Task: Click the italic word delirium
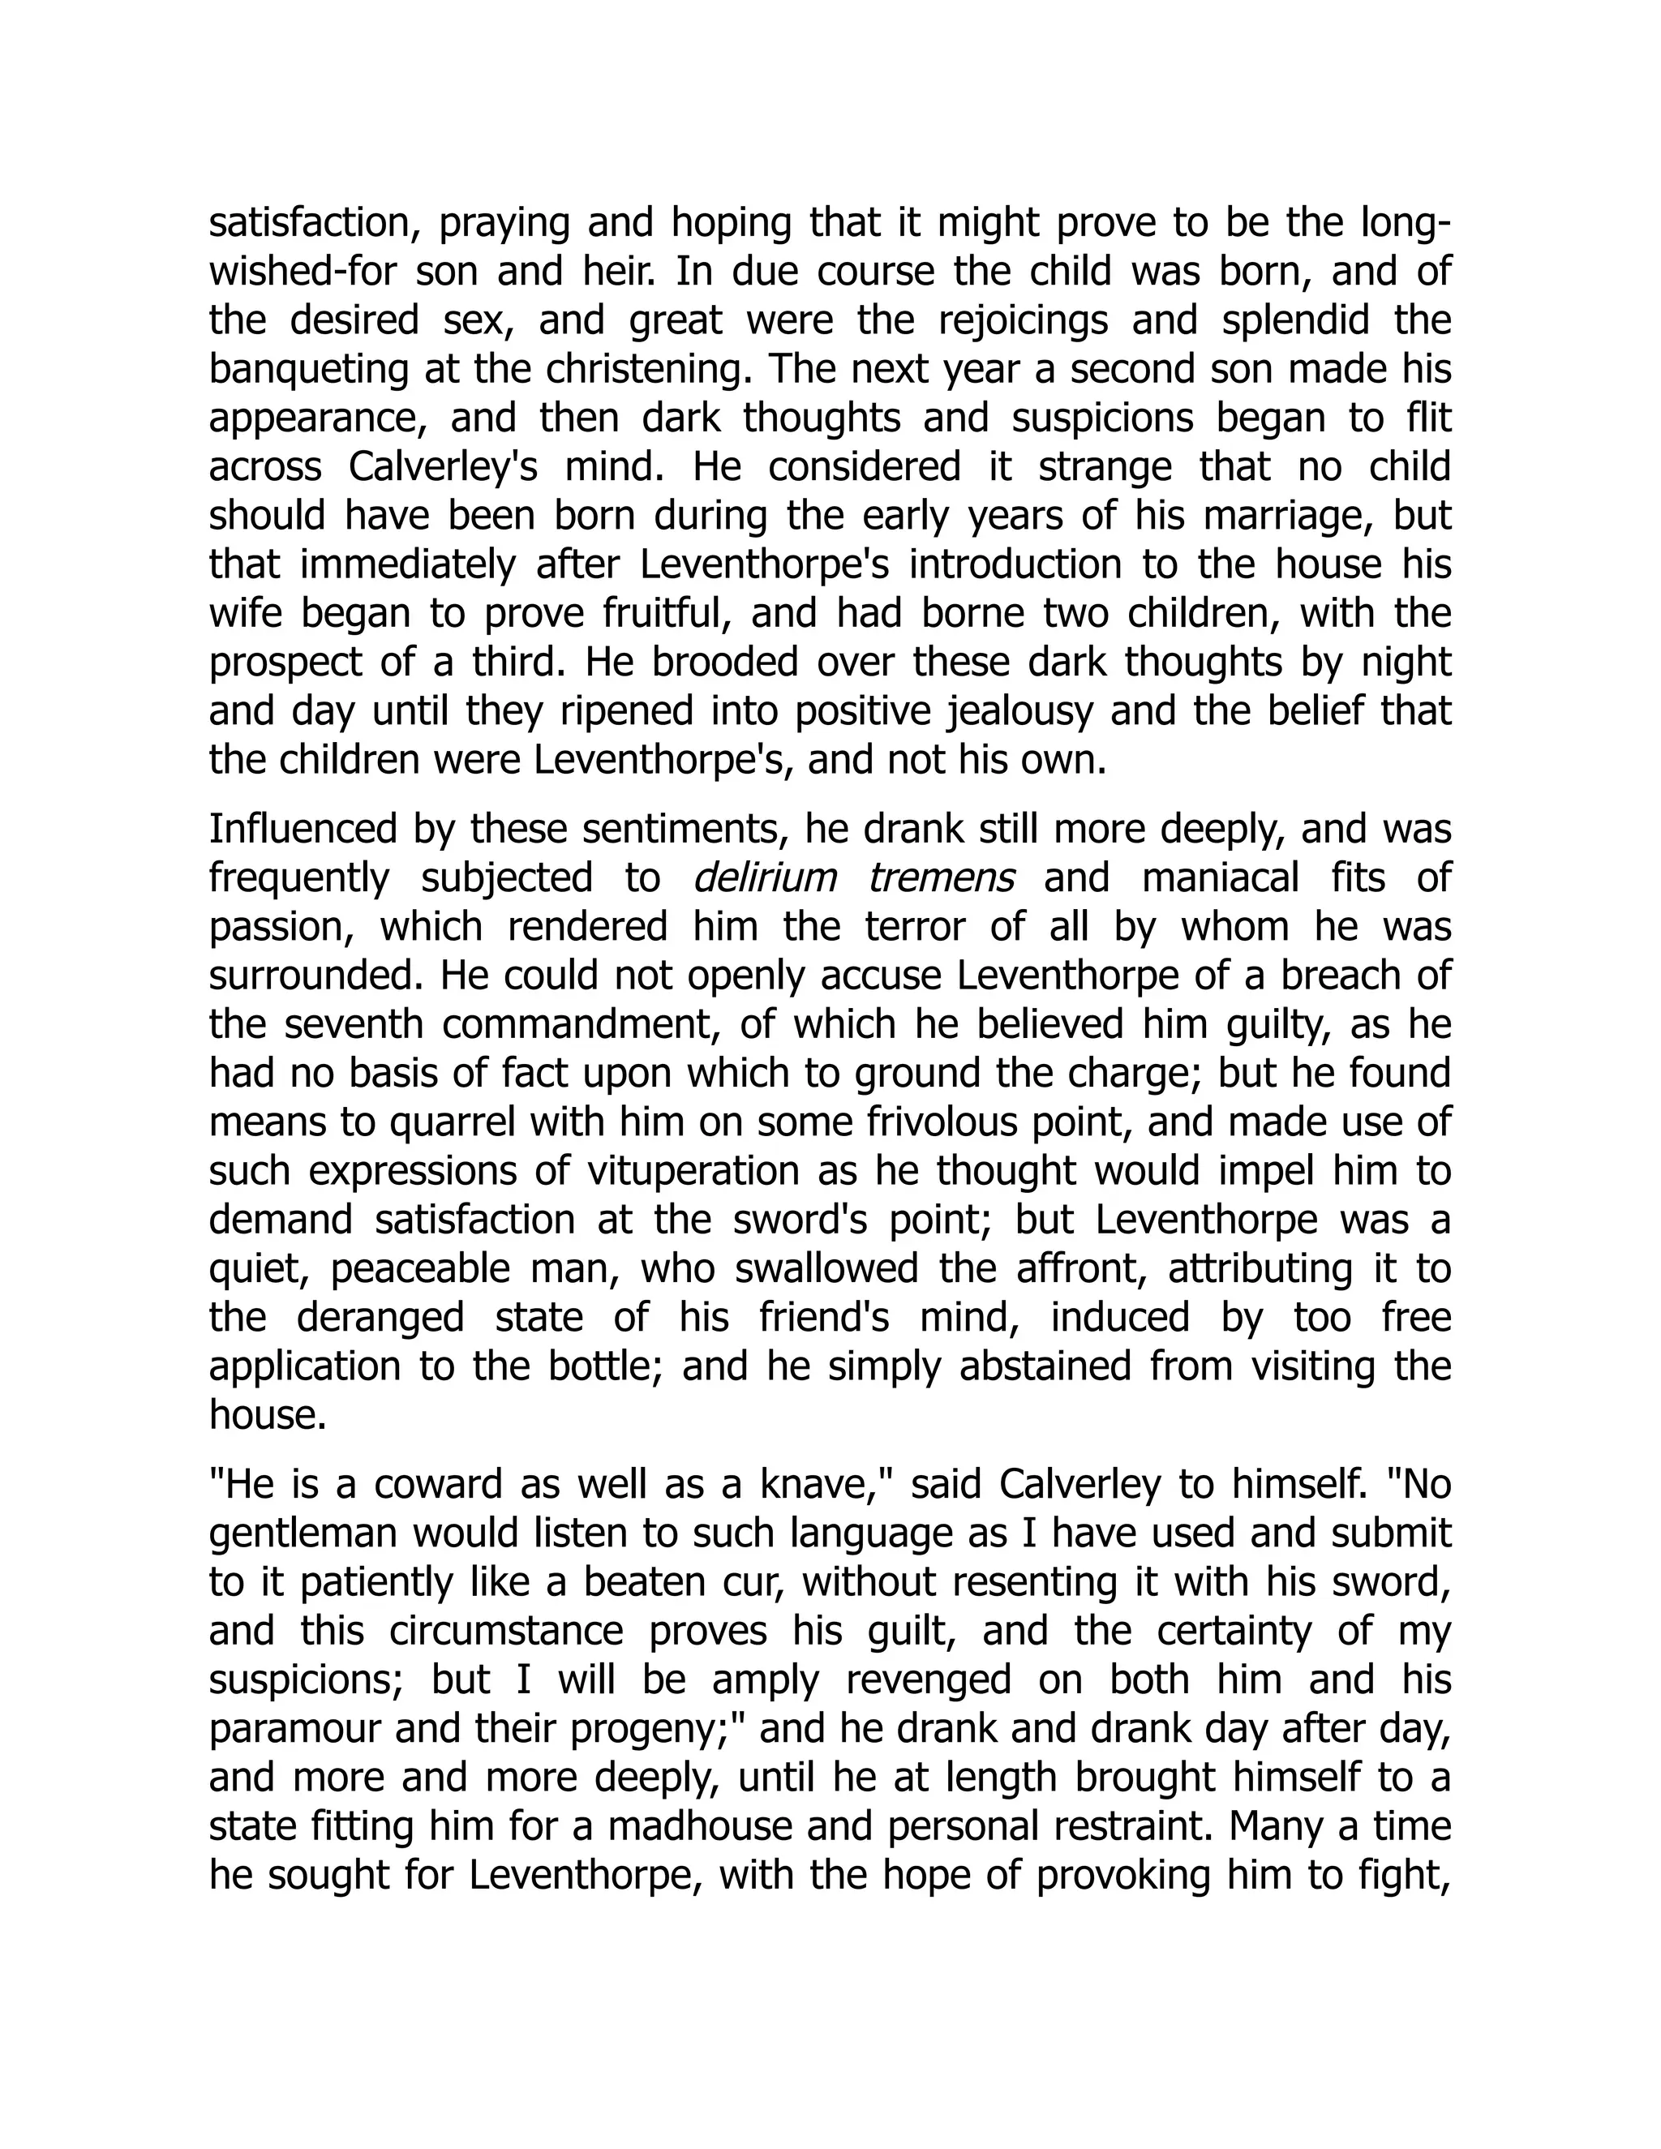tap(763, 877)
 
